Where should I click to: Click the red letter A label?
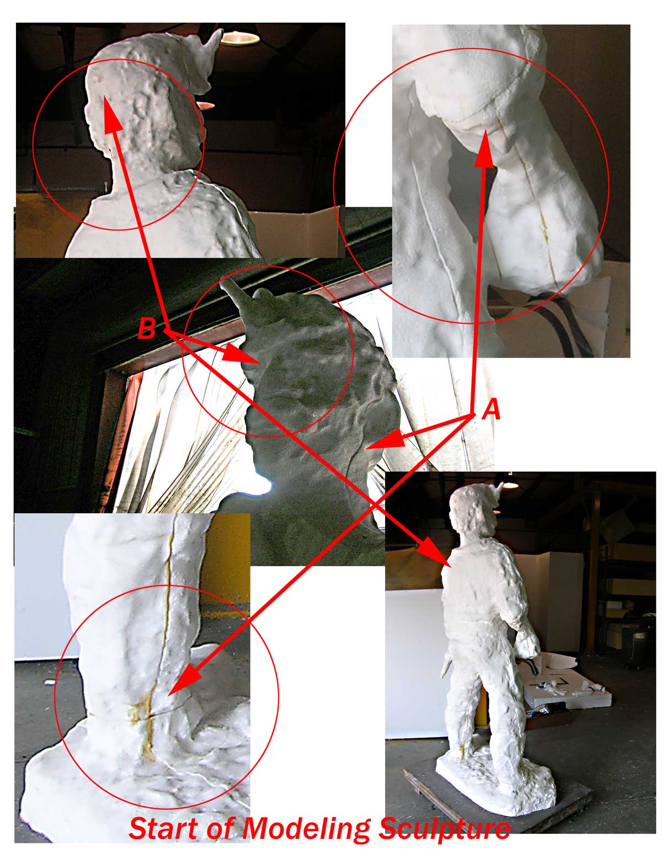coord(492,410)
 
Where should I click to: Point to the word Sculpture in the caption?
coord(444,829)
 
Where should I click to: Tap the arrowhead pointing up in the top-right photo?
coord(485,150)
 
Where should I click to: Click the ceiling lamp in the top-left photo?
coord(240,37)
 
